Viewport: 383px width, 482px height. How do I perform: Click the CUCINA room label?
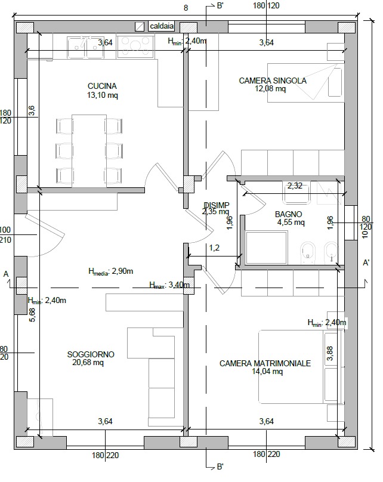pos(102,86)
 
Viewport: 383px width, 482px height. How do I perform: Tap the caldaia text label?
pos(162,26)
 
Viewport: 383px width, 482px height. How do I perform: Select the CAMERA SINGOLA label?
pos(273,81)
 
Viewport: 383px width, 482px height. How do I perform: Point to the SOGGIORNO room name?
pos(91,354)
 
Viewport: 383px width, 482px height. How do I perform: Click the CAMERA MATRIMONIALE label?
pos(265,363)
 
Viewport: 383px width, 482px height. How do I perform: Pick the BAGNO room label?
pos(288,214)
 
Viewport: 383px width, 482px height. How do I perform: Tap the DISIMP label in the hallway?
pos(215,205)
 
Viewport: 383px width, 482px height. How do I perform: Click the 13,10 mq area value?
pos(102,95)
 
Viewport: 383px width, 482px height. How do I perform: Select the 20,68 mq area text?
pos(88,363)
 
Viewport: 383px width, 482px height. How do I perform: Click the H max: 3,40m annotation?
pos(169,285)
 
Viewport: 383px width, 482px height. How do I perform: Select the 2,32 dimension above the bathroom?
pos(295,186)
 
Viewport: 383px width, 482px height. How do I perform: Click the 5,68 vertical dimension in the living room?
pos(32,315)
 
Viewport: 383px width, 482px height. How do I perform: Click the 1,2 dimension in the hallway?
pos(214,248)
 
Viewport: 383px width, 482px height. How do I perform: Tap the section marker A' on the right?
pos(366,262)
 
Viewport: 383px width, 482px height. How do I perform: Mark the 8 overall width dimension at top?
pos(186,8)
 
